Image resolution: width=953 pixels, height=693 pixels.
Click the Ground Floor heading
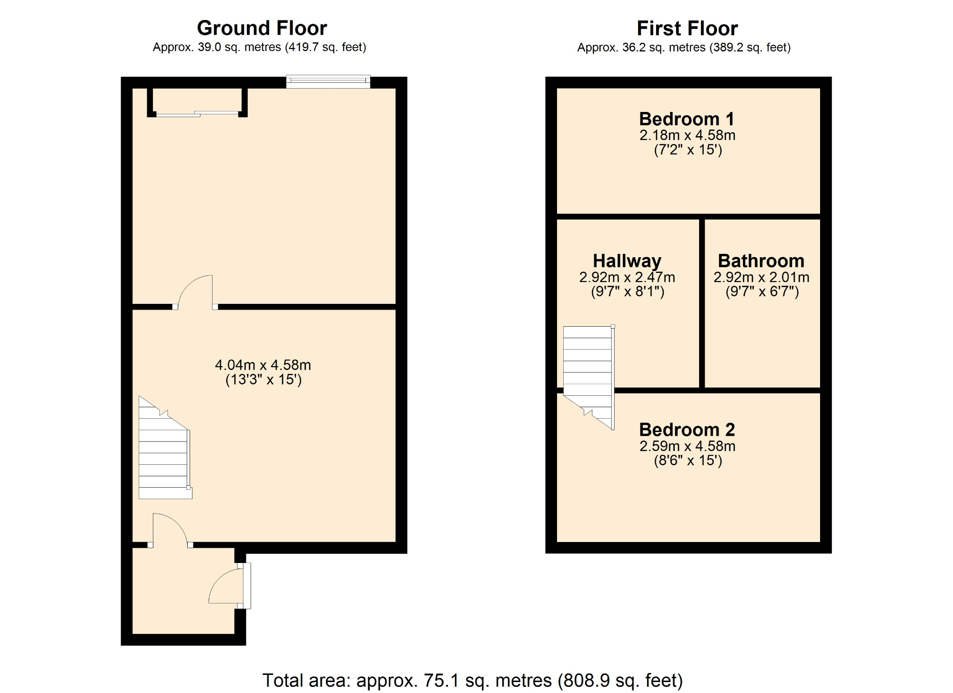coord(262,28)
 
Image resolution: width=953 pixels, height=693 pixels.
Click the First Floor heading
coord(687,29)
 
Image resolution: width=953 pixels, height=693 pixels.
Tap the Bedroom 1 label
coord(687,119)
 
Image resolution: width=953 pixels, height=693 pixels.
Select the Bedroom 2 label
coord(687,430)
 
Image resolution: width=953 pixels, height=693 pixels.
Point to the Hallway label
coord(627,261)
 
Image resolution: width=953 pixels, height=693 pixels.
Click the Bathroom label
coord(761,261)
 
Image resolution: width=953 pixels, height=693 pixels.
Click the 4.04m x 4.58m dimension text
coord(263,365)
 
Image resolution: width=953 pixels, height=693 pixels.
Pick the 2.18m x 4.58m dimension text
coord(687,135)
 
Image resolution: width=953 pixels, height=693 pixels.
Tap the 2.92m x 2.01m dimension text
coord(761,277)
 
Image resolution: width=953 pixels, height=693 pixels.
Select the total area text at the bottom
coord(472,680)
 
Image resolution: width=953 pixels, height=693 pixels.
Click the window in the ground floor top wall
coord(328,81)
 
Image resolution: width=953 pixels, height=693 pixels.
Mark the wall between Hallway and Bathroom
coord(702,303)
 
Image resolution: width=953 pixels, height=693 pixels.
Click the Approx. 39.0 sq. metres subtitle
coord(259,48)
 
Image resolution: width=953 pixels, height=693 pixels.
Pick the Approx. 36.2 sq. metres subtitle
coord(684,48)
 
